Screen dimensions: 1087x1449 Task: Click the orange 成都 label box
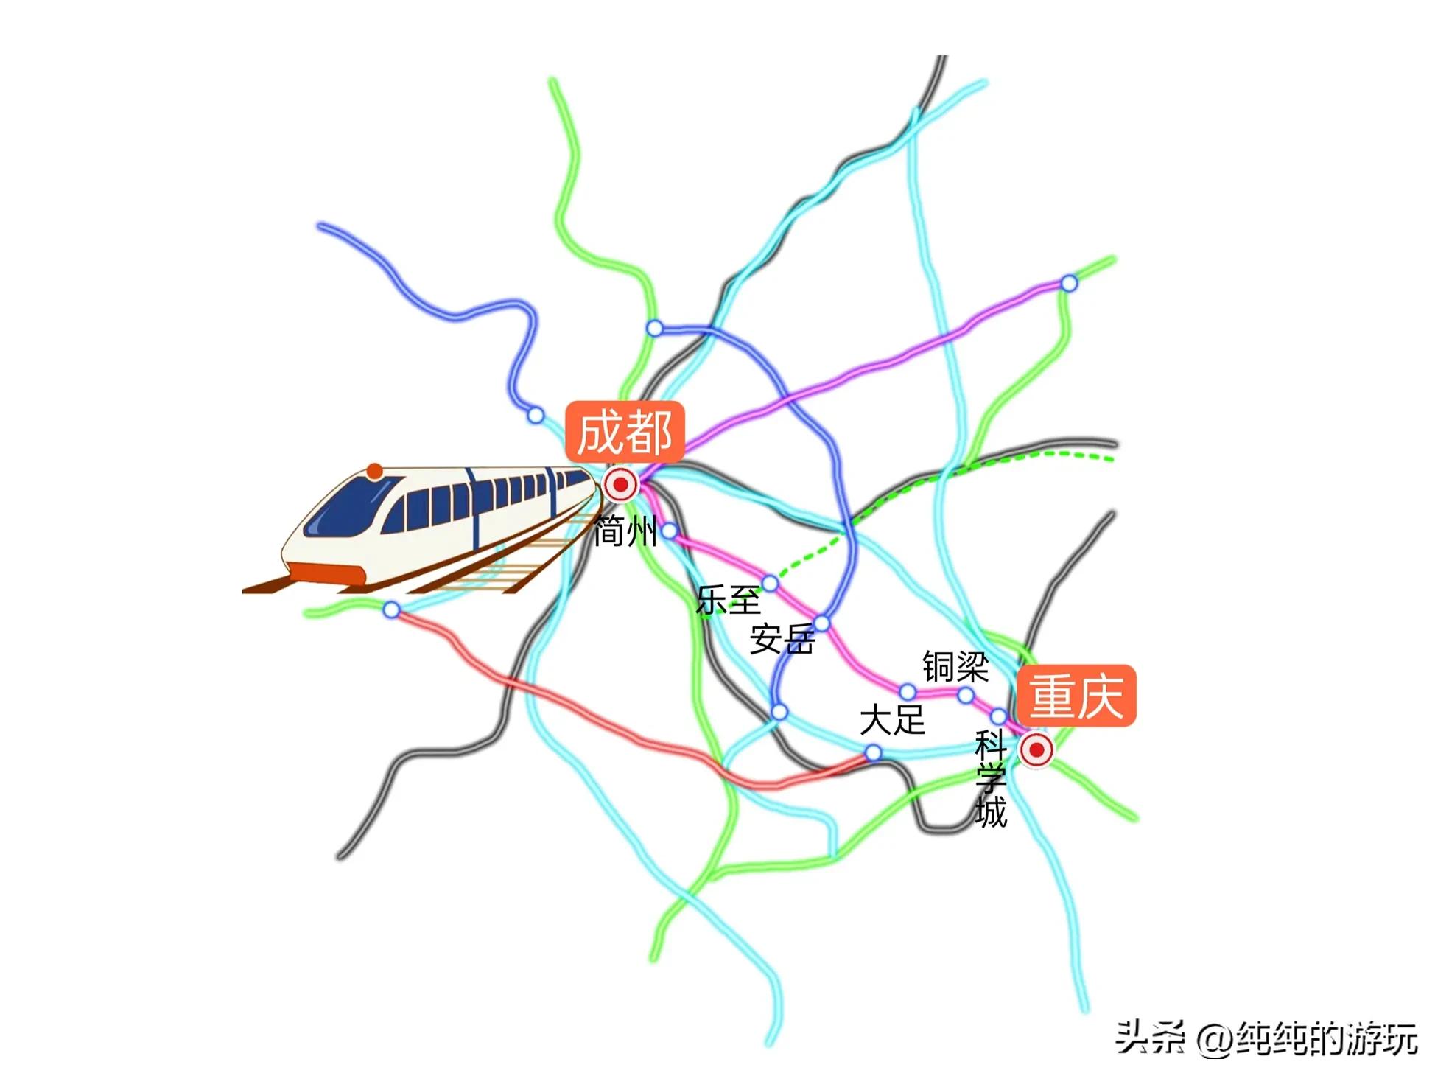pos(625,432)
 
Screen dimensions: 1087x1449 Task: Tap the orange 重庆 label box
pos(1076,696)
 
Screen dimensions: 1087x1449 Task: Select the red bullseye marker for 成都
pos(620,485)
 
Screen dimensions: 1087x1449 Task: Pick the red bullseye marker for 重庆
pos(1036,749)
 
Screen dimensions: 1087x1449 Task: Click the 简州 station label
pos(625,531)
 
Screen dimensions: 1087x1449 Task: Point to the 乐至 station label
pos(728,600)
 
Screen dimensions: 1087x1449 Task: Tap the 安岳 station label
pos(782,638)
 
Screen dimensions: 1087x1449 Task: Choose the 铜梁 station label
pos(955,666)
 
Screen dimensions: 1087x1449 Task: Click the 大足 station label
pos(892,719)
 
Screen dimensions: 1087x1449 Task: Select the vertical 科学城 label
pos(991,779)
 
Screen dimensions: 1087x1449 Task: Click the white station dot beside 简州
pos(670,531)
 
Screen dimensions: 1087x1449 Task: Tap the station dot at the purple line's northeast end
pos(1069,283)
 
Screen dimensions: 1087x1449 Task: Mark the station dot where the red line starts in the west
pos(391,609)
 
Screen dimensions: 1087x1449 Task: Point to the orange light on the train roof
pos(375,471)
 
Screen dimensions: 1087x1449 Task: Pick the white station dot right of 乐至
pos(770,584)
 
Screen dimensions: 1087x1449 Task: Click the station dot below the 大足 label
pos(873,752)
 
